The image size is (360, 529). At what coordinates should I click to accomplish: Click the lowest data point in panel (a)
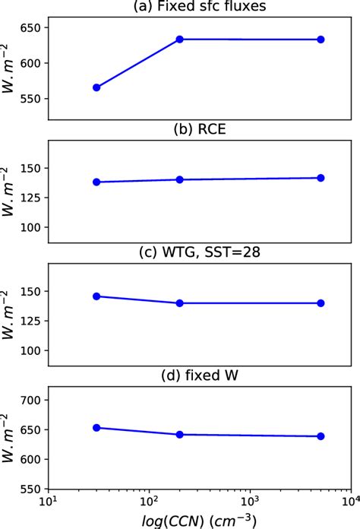click(96, 87)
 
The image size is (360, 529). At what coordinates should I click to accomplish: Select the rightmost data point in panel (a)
click(321, 40)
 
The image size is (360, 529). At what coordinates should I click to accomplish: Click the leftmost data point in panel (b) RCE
click(96, 182)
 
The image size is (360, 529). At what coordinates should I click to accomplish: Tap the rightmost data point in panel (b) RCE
click(321, 178)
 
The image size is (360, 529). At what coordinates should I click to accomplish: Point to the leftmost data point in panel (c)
click(96, 296)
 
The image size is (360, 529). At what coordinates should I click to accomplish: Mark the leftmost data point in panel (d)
click(96, 428)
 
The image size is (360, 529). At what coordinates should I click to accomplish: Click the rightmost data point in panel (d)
click(321, 436)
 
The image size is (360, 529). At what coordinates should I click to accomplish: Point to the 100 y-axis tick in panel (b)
click(31, 227)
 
